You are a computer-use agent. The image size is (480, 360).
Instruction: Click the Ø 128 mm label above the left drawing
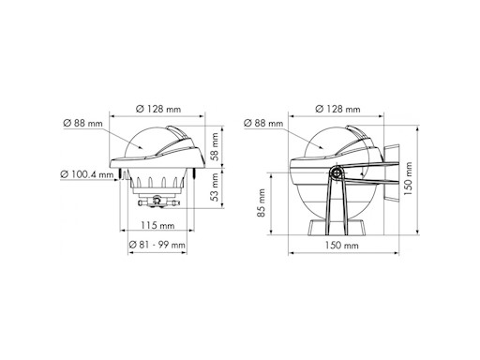coord(158,109)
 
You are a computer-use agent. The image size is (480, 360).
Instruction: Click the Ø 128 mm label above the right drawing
coord(337,109)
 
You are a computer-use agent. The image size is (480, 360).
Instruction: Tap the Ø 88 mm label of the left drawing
coord(82,123)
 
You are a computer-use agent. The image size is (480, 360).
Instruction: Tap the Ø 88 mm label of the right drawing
coord(263,123)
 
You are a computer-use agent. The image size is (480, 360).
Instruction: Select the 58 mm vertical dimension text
coord(215,146)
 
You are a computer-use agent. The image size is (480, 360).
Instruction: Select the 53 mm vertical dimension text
coord(215,187)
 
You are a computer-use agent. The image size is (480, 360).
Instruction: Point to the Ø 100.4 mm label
coord(87,174)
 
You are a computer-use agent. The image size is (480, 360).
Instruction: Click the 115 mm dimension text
coord(157,225)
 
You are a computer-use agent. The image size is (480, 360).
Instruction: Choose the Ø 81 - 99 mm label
coord(157,245)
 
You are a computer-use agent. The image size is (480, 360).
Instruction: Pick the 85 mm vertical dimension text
coord(262,202)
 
